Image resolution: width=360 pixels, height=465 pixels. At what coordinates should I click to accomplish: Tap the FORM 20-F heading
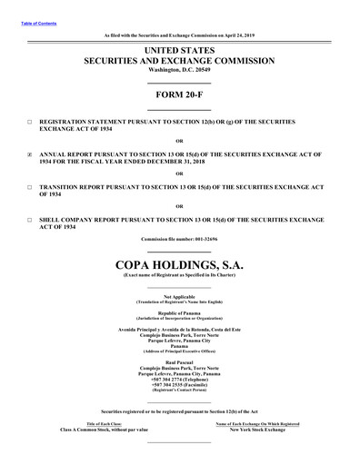pos(179,94)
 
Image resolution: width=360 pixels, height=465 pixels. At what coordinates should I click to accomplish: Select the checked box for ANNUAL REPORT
pos(30,155)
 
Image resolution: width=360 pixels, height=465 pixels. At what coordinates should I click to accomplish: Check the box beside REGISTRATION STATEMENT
pos(30,121)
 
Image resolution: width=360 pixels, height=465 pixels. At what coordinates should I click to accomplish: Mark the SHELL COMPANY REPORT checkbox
pos(30,221)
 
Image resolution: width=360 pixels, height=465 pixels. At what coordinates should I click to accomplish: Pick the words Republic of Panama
pos(179,311)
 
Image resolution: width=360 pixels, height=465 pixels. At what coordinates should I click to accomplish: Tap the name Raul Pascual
pos(179,361)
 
